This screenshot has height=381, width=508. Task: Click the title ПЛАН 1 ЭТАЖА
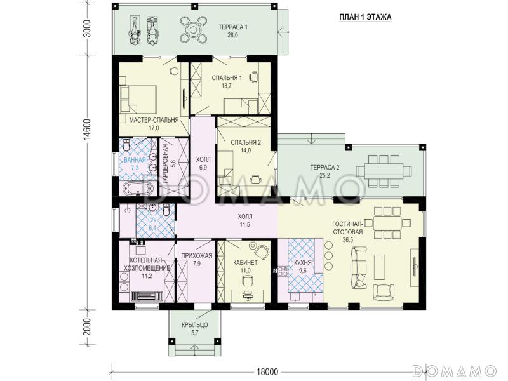(365, 17)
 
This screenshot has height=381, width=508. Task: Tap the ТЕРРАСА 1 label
(233, 27)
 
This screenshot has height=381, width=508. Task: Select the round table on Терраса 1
(194, 30)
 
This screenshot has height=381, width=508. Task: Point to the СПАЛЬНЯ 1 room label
(227, 77)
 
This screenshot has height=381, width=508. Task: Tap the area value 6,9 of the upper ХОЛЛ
(203, 168)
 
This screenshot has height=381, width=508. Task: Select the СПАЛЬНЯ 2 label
(246, 142)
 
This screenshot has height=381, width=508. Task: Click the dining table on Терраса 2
(384, 171)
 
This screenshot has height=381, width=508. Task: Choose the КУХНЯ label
(303, 263)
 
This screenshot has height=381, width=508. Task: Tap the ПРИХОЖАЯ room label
(197, 256)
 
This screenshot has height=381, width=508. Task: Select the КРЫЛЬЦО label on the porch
(195, 325)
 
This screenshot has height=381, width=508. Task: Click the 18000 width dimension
(267, 371)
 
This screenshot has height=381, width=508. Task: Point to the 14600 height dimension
(86, 130)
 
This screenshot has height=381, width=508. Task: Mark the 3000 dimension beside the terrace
(86, 29)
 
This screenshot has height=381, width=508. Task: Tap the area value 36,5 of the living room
(347, 240)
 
